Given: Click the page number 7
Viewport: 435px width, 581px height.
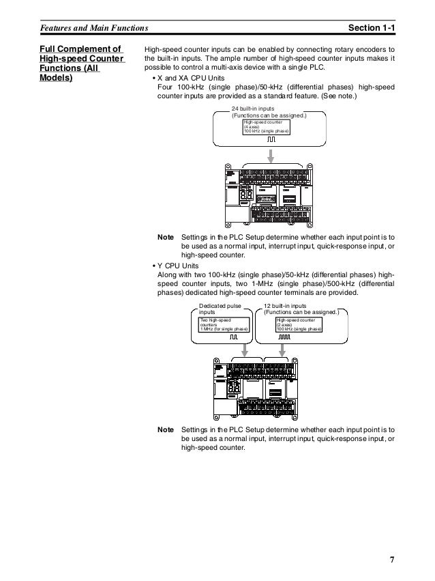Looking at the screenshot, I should pos(391,561).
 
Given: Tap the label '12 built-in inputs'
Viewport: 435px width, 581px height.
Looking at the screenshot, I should pos(288,306).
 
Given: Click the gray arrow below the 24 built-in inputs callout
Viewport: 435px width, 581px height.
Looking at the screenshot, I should pos(271,155).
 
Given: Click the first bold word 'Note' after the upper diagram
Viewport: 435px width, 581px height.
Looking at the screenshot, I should pos(165,236).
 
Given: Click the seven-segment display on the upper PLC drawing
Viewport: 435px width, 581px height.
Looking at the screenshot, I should pos(247,197).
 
